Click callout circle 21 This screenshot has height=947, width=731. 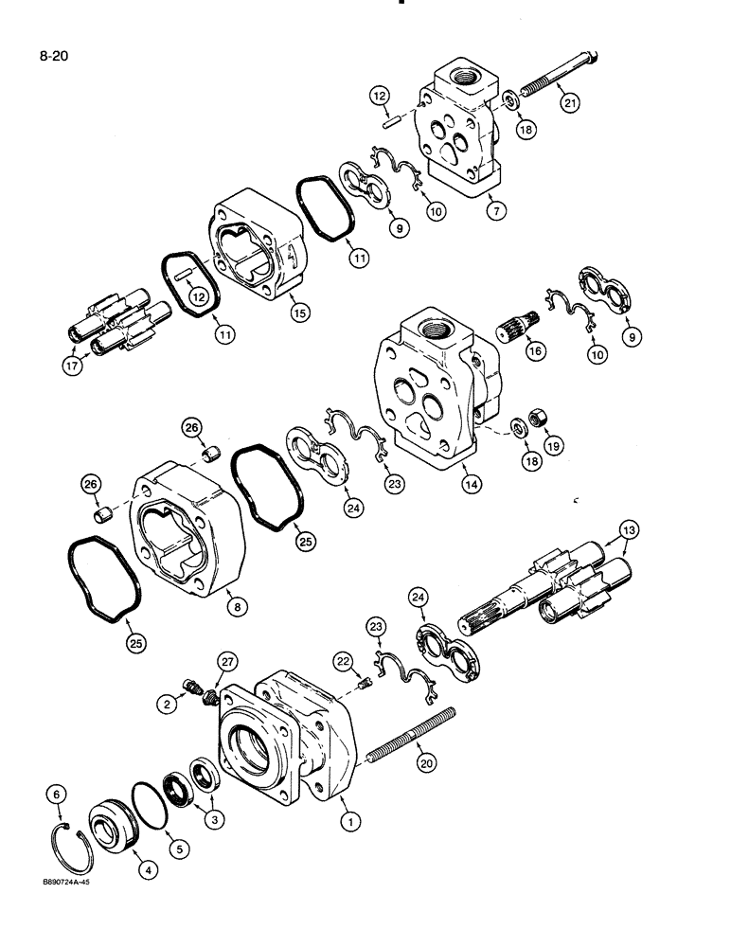(x=569, y=105)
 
